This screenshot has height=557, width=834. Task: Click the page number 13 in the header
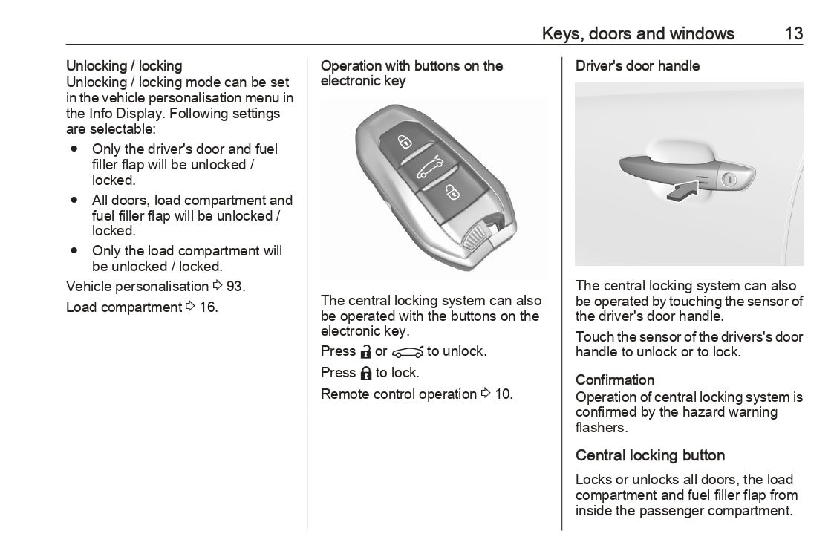[x=792, y=33]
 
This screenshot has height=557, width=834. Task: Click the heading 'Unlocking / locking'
[x=124, y=66]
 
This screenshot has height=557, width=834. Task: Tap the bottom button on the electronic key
[x=450, y=194]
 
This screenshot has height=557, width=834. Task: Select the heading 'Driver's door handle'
[x=637, y=66]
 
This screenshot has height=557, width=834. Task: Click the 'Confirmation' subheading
[x=615, y=380]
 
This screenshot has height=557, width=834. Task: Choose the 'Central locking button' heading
[x=650, y=455]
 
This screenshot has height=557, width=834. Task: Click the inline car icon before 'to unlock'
[x=407, y=352]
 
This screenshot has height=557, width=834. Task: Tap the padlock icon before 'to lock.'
[x=366, y=373]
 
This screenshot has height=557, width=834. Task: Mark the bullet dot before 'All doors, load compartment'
[x=75, y=200]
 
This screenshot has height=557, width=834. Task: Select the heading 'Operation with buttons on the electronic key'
[x=411, y=74]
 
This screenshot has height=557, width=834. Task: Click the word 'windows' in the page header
[x=702, y=33]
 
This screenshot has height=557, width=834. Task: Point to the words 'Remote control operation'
[x=398, y=394]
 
